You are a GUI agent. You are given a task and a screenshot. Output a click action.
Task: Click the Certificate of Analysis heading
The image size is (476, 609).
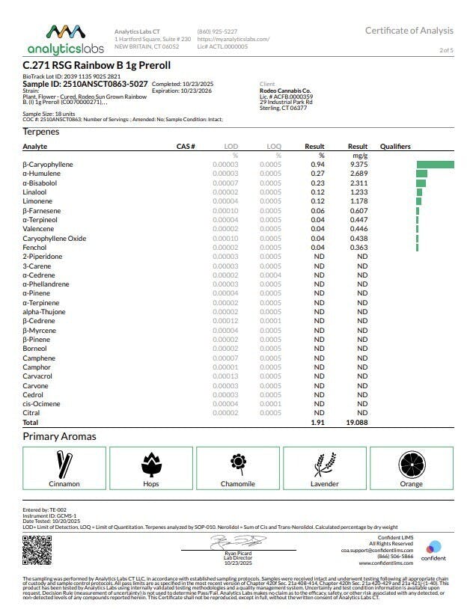pyautogui.click(x=409, y=31)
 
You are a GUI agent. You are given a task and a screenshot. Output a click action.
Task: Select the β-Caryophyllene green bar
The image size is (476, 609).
pyautogui.click(x=435, y=164)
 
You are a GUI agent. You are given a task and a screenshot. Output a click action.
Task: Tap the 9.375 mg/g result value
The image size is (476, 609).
pyautogui.click(x=358, y=164)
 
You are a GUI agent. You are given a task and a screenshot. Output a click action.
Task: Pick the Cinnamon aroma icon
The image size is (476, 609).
pyautogui.click(x=64, y=464)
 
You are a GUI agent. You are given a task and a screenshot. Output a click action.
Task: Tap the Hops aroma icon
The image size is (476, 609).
pyautogui.click(x=150, y=464)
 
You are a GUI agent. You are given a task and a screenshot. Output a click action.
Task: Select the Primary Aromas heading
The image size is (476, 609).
pyautogui.click(x=59, y=436)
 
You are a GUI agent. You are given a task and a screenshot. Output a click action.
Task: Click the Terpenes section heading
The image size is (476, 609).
pyautogui.click(x=41, y=132)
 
